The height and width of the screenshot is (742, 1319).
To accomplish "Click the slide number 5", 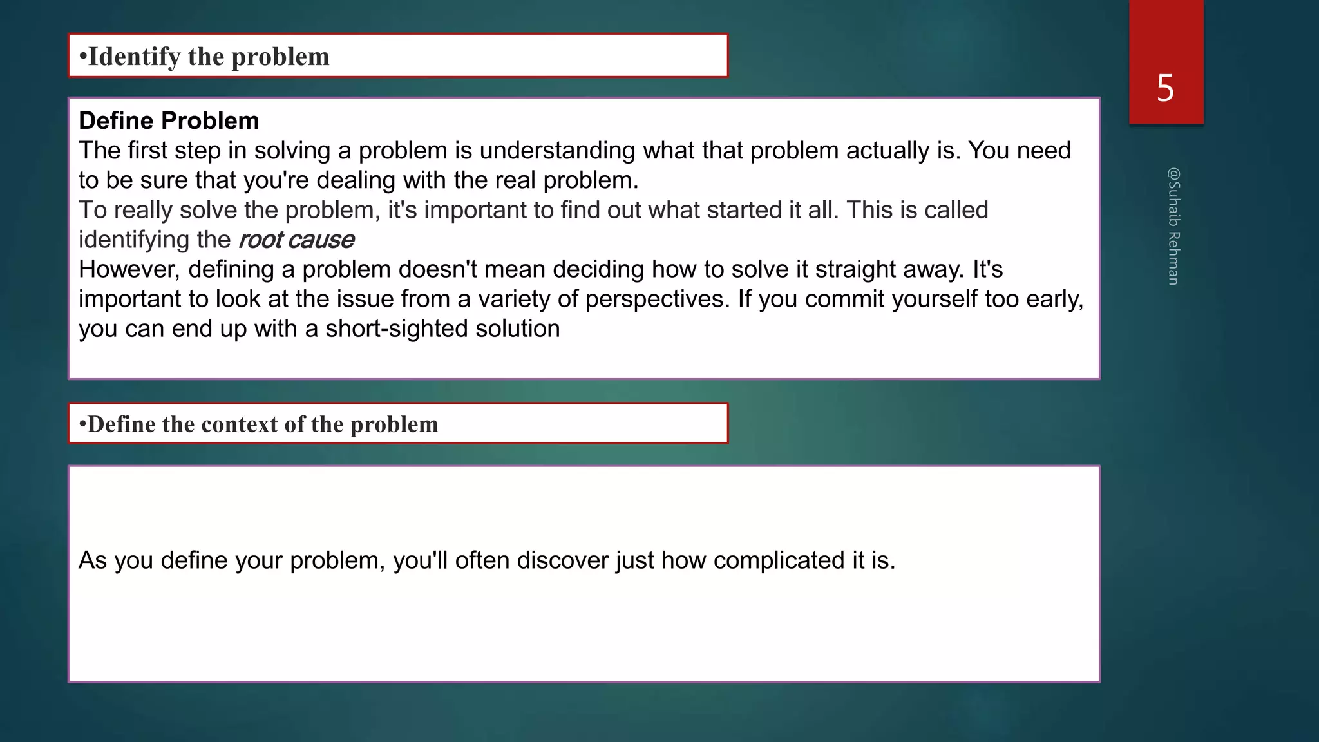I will click(1165, 88).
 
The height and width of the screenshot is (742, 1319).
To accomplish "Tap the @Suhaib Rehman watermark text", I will click(1173, 226).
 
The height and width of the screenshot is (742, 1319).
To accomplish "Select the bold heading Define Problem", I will click(169, 120).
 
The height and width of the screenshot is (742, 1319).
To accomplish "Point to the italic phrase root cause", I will click(296, 240).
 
